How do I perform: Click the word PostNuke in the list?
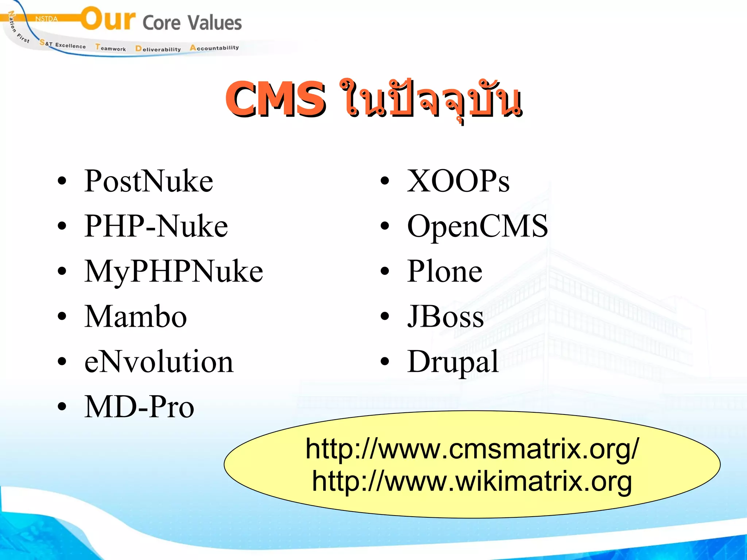[x=148, y=181]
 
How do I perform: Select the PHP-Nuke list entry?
[x=156, y=226]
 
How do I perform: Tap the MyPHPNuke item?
[x=174, y=272]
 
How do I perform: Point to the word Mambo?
[x=135, y=317]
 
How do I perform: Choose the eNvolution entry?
[x=159, y=362]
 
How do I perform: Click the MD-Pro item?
[x=139, y=407]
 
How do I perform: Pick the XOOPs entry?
[x=458, y=181]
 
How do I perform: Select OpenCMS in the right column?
[x=477, y=226]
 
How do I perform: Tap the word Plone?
[x=445, y=272]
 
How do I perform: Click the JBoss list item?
[x=445, y=317]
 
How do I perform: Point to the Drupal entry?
[x=453, y=362]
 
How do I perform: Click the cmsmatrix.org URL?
[x=472, y=449]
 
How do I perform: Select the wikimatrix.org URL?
[x=472, y=482]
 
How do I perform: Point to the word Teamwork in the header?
[x=111, y=48]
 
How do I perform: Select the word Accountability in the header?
[x=214, y=48]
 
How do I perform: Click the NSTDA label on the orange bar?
[x=46, y=19]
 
